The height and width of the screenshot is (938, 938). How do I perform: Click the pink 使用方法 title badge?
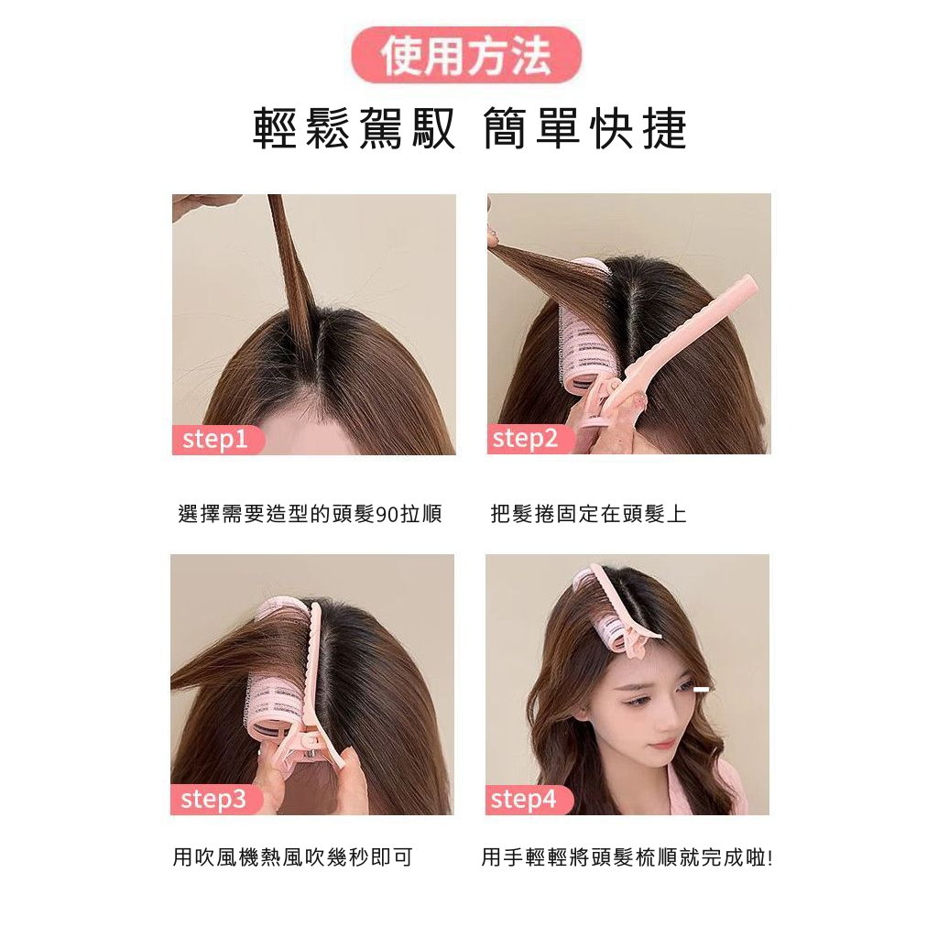click(466, 55)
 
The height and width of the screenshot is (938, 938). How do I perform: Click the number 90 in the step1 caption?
click(387, 514)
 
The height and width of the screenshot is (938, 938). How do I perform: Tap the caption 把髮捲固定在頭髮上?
click(588, 514)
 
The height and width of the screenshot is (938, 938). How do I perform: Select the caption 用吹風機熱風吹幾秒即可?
click(292, 857)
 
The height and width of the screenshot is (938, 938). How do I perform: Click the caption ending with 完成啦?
click(627, 857)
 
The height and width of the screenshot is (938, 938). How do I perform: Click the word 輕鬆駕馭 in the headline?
click(354, 129)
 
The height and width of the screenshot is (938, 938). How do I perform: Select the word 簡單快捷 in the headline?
click(584, 129)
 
